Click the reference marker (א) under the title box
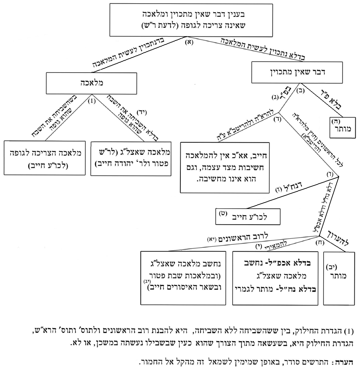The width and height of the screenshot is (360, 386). click(x=189, y=42)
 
